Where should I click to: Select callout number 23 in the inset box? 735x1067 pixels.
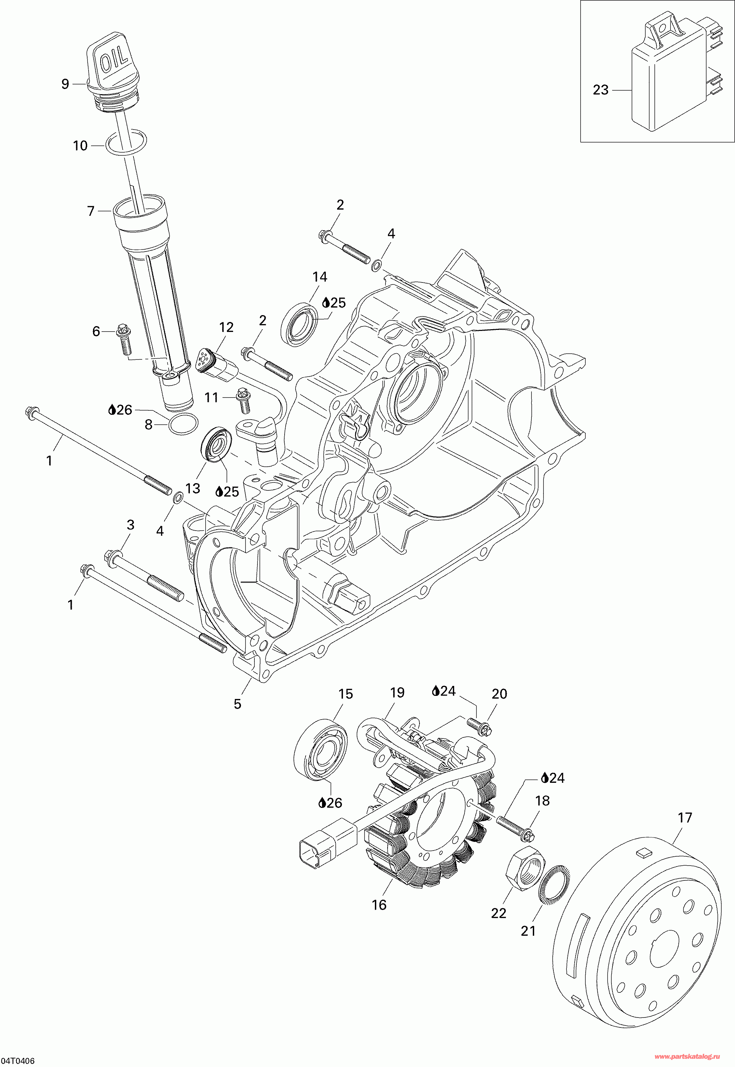[x=600, y=90]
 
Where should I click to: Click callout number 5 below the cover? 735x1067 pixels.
[x=237, y=704]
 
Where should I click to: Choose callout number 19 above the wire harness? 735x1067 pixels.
[x=397, y=705]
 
